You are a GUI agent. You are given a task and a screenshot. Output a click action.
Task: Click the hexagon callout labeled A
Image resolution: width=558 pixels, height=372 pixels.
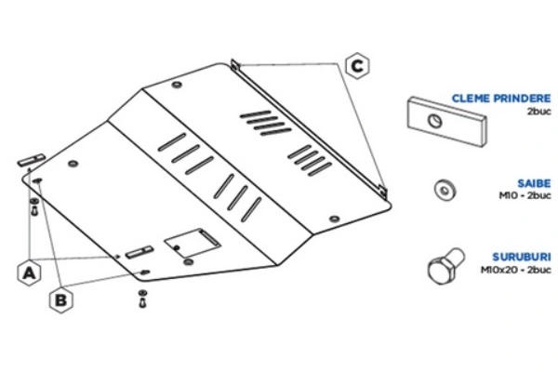point(30,272)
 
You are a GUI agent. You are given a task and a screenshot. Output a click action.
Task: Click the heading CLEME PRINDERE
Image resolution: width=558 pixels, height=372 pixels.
point(500,98)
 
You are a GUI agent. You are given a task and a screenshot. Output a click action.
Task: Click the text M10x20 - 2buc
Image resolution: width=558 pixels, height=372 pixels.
point(515,270)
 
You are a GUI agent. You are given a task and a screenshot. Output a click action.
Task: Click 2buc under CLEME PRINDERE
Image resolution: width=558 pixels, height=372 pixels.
point(539,110)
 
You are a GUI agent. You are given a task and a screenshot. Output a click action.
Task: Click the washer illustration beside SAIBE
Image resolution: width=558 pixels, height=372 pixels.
point(445,189)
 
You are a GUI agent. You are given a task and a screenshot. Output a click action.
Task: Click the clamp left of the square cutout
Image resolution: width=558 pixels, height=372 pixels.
point(140,250)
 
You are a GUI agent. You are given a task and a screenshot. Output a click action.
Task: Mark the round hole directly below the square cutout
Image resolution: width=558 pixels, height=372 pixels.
point(190,265)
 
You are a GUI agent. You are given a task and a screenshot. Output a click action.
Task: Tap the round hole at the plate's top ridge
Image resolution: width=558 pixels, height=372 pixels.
point(177,87)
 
